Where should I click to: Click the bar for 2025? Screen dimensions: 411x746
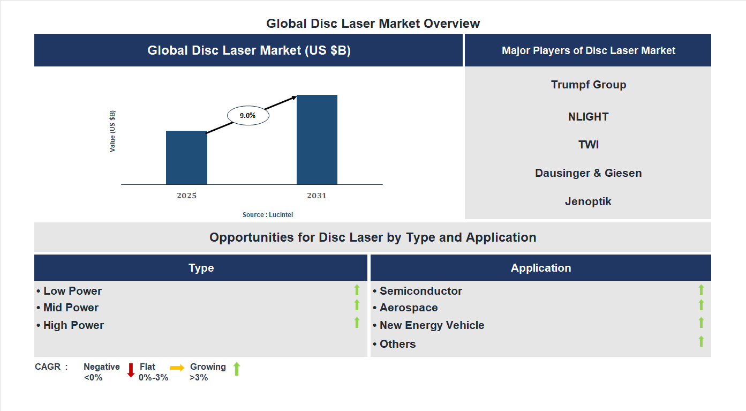(186, 158)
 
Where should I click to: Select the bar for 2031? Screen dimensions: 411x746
(317, 140)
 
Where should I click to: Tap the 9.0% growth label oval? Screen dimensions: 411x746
(248, 116)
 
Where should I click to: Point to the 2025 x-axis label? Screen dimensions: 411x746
(186, 196)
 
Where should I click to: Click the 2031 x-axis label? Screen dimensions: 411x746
(317, 196)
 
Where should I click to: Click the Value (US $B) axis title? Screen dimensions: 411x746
(112, 131)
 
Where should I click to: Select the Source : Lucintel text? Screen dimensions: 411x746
(268, 215)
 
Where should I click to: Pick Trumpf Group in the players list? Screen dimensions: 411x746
(588, 85)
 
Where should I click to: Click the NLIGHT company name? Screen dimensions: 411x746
(588, 117)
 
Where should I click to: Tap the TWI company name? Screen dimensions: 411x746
(588, 145)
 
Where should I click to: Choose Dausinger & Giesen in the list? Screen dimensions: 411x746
(588, 173)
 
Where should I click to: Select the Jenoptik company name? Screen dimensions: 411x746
(588, 201)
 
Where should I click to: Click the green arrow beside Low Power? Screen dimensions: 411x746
(357, 290)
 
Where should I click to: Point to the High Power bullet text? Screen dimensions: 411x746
(73, 325)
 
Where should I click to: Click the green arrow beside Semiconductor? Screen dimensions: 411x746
(701, 290)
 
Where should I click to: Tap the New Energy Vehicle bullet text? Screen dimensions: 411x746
(432, 325)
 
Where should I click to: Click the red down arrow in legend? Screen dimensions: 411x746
(131, 370)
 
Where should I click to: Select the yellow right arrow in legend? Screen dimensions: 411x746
(177, 368)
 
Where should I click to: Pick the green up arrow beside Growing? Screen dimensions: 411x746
(237, 369)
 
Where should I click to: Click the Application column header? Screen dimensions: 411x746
(540, 268)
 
